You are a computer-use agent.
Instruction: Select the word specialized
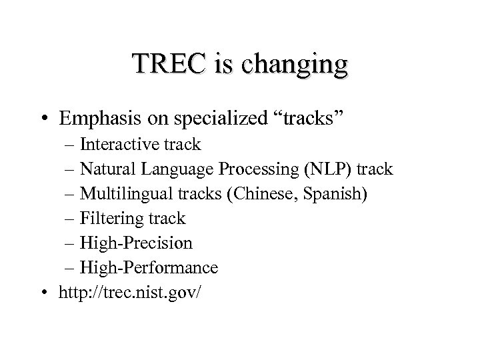[217, 119]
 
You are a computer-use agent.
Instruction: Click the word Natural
[109, 169]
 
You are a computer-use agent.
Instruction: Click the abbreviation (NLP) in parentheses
[324, 169]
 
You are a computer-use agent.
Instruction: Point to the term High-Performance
[147, 268]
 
